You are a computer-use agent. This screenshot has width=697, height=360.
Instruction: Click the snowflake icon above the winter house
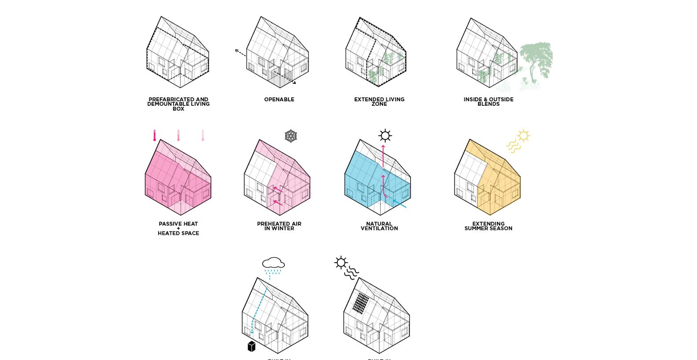pos(290,136)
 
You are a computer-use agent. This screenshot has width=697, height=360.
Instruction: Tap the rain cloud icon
pos(273,263)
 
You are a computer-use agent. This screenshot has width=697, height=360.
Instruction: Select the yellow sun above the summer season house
pos(523,135)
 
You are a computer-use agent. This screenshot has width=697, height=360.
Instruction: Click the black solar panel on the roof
pos(361,303)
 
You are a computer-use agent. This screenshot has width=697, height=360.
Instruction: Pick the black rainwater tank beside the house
pos(251,346)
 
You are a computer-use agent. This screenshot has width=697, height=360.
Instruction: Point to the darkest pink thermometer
pos(155,136)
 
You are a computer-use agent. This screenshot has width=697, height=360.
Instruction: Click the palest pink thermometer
pos(203,136)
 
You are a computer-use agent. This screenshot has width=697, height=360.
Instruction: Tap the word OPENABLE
pos(279,100)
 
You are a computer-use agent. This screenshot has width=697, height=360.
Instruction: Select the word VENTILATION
pos(379,228)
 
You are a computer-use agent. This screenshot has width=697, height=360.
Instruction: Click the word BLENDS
pos(488,104)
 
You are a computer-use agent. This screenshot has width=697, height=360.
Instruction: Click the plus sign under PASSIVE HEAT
pos(178,228)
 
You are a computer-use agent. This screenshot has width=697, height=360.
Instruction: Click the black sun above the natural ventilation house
pos(385,135)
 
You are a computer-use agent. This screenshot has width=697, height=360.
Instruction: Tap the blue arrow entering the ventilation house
pos(400,204)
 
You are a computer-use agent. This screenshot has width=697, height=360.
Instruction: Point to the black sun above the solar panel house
pos(341,263)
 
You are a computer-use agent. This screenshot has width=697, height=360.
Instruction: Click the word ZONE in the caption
pos(379,104)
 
